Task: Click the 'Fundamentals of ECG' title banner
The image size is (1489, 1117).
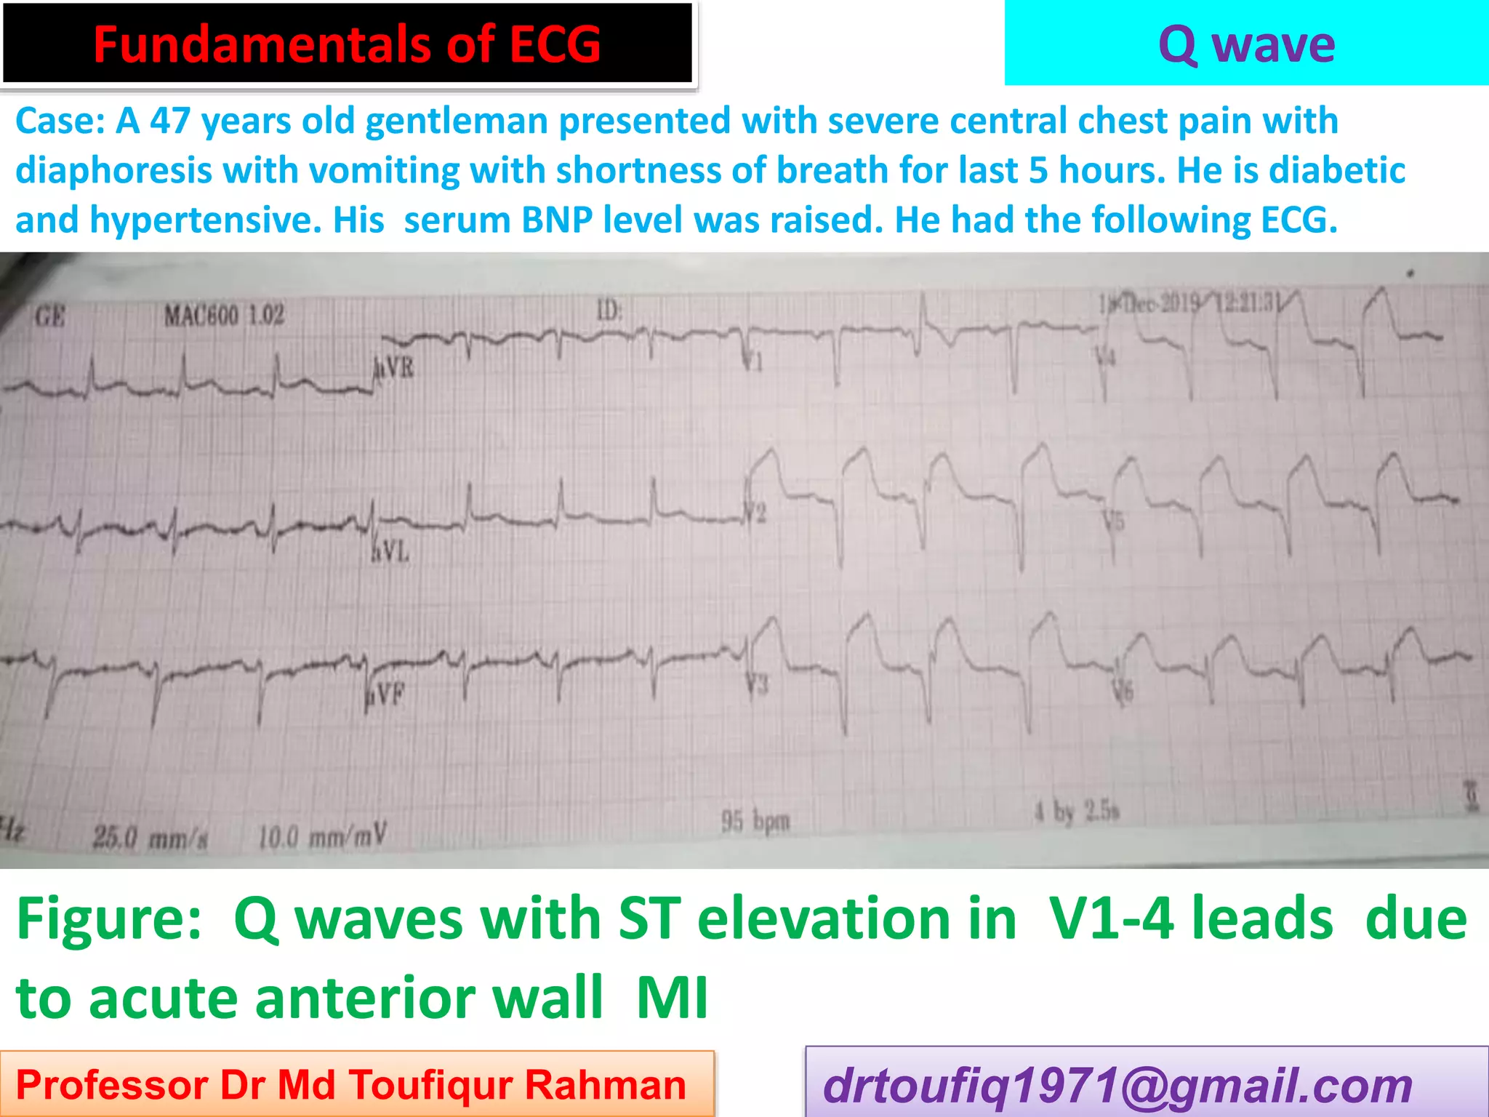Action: click(347, 44)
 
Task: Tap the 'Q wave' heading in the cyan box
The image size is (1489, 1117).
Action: click(1246, 44)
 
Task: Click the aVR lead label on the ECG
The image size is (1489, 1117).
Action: click(395, 368)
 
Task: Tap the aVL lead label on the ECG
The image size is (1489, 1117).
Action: click(391, 553)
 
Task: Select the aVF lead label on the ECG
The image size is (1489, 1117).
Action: click(386, 695)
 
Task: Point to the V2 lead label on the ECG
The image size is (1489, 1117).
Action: click(757, 513)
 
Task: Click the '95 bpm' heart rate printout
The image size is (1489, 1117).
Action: click(755, 822)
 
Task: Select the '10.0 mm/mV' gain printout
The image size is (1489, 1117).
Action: click(323, 836)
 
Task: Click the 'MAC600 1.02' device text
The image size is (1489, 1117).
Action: click(223, 316)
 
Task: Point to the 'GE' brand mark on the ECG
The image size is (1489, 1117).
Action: click(50, 317)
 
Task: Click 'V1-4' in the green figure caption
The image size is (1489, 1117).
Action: click(1118, 919)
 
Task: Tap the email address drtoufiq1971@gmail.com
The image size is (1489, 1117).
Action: click(1117, 1086)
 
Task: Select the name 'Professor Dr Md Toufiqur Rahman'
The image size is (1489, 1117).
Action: click(351, 1085)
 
